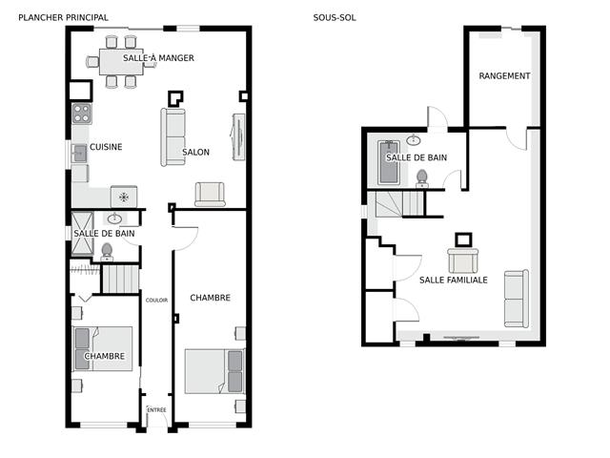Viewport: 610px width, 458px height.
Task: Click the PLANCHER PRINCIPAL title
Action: click(x=63, y=17)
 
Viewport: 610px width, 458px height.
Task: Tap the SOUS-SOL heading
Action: click(x=335, y=17)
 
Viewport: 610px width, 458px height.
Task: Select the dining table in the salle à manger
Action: click(x=121, y=61)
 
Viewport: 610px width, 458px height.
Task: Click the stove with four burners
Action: click(x=82, y=114)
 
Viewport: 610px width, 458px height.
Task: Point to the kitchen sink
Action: click(x=80, y=153)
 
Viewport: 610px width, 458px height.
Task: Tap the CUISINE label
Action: click(x=106, y=147)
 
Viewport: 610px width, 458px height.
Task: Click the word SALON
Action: click(x=195, y=152)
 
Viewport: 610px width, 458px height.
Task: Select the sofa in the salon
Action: click(x=173, y=137)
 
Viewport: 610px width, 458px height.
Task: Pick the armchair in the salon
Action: click(x=210, y=194)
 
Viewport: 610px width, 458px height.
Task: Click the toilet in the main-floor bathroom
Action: click(x=107, y=252)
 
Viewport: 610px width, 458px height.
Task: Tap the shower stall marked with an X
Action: click(x=83, y=233)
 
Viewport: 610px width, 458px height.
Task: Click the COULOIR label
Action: click(x=156, y=300)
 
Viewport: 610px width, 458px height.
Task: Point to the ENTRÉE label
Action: click(x=156, y=409)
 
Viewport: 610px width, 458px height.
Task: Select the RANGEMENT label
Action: click(x=504, y=76)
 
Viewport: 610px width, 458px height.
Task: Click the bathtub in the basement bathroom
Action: click(x=389, y=162)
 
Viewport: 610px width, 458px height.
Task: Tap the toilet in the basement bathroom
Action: click(x=421, y=178)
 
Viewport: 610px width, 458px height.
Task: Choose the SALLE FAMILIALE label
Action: click(x=454, y=280)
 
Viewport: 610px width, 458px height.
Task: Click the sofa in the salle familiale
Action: click(x=517, y=299)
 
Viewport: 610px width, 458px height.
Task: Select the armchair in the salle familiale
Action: click(x=463, y=260)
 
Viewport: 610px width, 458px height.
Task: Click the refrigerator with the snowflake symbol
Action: click(x=124, y=197)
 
